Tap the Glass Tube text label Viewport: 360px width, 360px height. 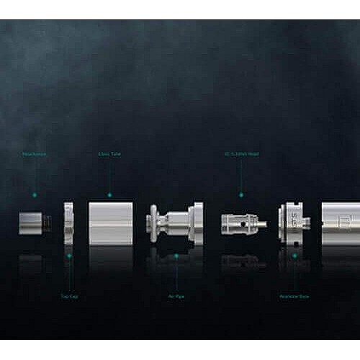pyautogui.click(x=109, y=154)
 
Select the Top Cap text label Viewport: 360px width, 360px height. pyautogui.click(x=69, y=296)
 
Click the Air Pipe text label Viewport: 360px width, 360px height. pyautogui.click(x=176, y=296)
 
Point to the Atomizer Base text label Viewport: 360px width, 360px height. pyautogui.click(x=294, y=296)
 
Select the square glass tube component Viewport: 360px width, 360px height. pyautogui.click(x=110, y=222)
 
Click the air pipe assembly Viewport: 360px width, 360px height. pyautogui.click(x=175, y=222)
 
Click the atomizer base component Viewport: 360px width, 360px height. pyautogui.click(x=293, y=222)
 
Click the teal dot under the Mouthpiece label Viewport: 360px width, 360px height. pyautogui.click(x=32, y=194)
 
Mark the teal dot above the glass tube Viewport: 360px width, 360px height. pyautogui.click(x=109, y=194)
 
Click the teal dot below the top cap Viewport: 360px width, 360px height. pyautogui.click(x=69, y=255)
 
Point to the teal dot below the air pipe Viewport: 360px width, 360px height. pyautogui.click(x=176, y=255)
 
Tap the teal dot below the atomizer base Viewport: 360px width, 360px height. pyautogui.click(x=294, y=255)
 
